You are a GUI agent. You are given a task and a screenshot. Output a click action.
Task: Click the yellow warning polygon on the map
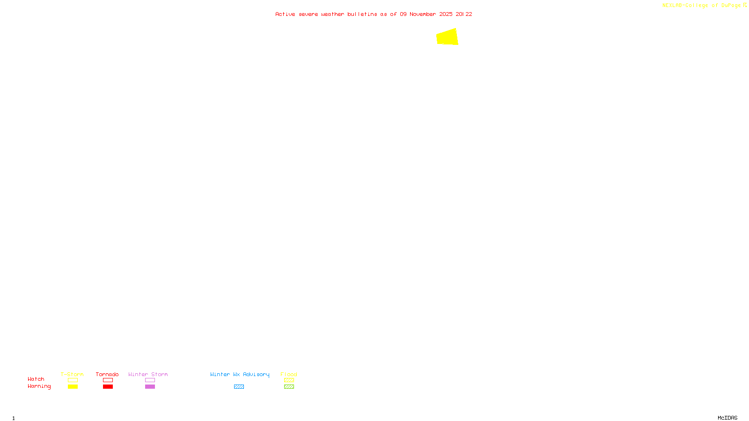point(448,37)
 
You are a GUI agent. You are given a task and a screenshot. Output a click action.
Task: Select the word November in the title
point(423,14)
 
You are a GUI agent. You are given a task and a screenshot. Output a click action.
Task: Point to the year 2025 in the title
point(446,14)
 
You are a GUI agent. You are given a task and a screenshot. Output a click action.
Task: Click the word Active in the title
point(285,14)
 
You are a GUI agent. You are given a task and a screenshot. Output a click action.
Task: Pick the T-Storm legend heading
point(72,374)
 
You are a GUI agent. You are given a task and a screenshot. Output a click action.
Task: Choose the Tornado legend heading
point(107,374)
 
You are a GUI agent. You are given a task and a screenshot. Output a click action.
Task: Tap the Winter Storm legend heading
point(148,374)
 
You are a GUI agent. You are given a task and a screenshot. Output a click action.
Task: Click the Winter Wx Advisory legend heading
point(240,374)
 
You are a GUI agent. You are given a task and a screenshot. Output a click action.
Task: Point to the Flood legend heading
point(289,374)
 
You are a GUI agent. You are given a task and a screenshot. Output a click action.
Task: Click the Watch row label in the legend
point(36,379)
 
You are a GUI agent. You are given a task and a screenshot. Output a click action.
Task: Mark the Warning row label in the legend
point(39,386)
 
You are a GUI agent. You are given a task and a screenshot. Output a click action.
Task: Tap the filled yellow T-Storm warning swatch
point(73,387)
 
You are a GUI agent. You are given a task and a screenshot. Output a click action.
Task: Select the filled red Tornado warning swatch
point(108,387)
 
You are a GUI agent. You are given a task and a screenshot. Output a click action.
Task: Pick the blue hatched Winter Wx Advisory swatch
point(239,387)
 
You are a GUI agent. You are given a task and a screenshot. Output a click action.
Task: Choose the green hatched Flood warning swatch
point(289,387)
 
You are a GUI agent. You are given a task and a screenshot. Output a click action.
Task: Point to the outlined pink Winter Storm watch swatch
point(150,380)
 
